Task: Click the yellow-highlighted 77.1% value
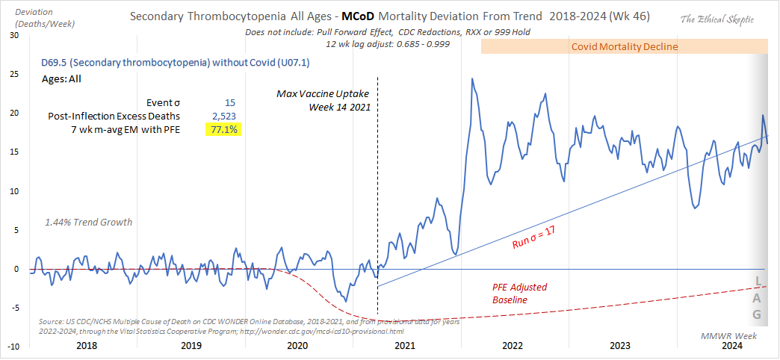point(223,129)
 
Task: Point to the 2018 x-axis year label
point(86,346)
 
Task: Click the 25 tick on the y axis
point(13,74)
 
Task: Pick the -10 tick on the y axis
point(12,346)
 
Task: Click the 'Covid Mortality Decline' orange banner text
point(624,46)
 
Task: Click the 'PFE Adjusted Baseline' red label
point(518,293)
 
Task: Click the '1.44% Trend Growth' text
point(88,222)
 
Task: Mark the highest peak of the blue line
point(472,78)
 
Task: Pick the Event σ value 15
point(230,102)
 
